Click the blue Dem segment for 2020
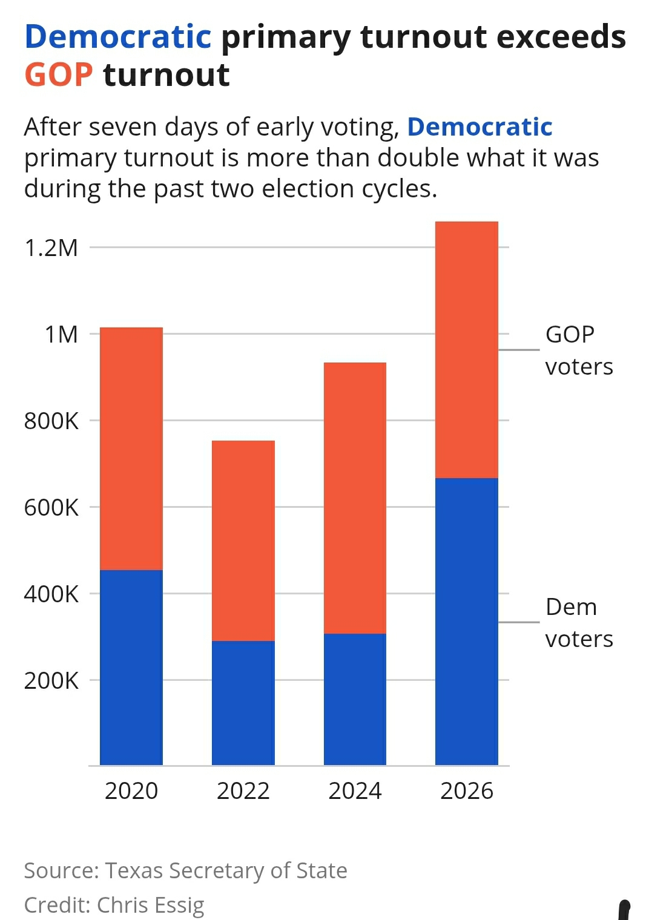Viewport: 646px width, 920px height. (x=131, y=667)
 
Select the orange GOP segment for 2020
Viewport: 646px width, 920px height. (x=131, y=448)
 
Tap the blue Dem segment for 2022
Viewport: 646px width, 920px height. (x=243, y=703)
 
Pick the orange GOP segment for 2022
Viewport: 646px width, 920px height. (x=243, y=540)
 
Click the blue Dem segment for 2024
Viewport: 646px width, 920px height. (x=355, y=699)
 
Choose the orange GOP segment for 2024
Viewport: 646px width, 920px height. (x=355, y=498)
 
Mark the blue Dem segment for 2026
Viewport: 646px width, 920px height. (x=466, y=622)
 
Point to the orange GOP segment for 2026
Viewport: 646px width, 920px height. (x=466, y=350)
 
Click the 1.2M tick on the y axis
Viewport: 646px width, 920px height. (x=51, y=248)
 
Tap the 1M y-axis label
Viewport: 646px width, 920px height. (x=62, y=335)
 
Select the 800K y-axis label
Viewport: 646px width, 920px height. (x=51, y=421)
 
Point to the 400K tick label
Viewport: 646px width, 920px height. (x=51, y=594)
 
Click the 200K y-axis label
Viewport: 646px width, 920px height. (x=51, y=681)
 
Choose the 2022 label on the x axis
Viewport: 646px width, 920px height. (x=243, y=791)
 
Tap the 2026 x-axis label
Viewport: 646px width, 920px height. (x=466, y=791)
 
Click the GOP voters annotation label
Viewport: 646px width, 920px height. (x=578, y=350)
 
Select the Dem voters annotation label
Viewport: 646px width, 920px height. (x=578, y=623)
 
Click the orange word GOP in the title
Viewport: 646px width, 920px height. (x=59, y=75)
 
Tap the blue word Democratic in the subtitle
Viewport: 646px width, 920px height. (x=480, y=127)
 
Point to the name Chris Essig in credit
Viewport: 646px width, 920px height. (x=151, y=905)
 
